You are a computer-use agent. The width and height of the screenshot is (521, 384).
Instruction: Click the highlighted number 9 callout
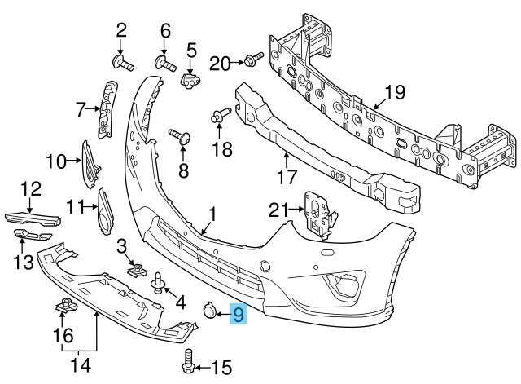(239, 313)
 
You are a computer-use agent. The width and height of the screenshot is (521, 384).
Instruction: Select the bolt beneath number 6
(165, 62)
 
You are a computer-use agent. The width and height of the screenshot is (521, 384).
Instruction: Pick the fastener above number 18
(219, 118)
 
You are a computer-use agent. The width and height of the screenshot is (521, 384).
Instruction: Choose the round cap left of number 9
(209, 311)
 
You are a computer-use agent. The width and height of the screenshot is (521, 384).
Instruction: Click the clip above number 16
(63, 307)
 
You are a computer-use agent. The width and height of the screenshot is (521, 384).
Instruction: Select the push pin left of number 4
(157, 283)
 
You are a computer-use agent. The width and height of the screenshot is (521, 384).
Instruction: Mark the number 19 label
(393, 93)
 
